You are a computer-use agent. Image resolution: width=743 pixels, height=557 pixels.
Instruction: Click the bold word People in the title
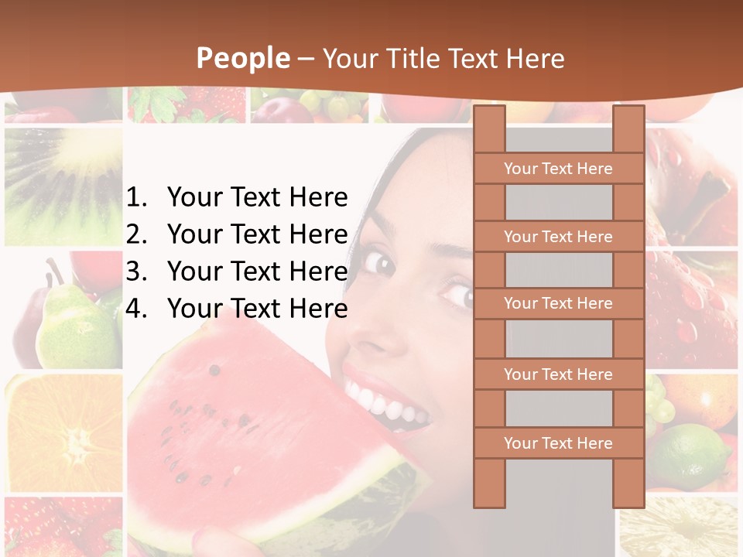point(242,58)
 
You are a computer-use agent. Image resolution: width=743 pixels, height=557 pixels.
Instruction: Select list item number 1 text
point(257,198)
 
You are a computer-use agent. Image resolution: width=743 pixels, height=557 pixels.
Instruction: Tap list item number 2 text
point(257,234)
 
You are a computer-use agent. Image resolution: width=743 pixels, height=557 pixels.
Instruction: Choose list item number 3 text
point(257,272)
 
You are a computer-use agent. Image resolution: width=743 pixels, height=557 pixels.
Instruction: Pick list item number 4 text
point(257,309)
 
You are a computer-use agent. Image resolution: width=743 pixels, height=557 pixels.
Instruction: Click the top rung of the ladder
point(558,169)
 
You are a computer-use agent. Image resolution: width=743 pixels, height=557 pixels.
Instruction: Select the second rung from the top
point(558,237)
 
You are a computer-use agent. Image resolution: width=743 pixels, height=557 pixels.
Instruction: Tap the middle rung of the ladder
point(558,303)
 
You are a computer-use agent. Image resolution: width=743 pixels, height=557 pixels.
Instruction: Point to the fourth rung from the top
point(558,374)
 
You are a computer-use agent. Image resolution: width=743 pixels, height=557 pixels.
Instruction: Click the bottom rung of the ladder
point(558,443)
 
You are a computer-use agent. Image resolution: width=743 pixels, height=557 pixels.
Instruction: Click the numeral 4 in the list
point(135,309)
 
